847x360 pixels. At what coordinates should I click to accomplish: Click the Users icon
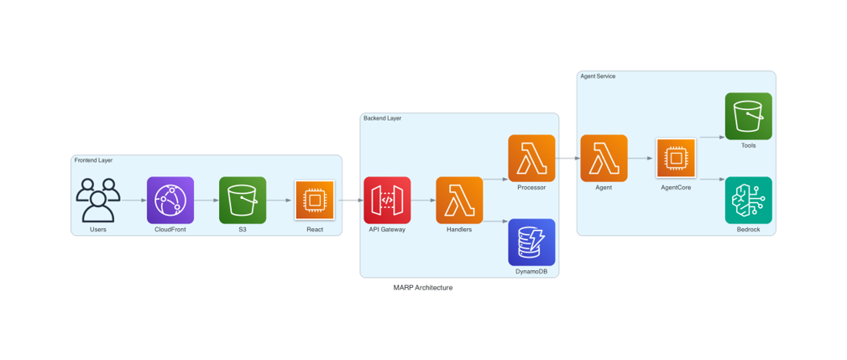click(x=98, y=200)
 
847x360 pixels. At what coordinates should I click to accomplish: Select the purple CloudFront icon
click(x=170, y=200)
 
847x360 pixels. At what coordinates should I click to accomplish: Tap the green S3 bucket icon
click(x=243, y=200)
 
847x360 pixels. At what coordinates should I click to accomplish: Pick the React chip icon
click(x=315, y=200)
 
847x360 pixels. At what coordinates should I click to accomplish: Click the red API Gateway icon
click(x=387, y=200)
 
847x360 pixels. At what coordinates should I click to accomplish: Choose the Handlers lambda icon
click(x=460, y=200)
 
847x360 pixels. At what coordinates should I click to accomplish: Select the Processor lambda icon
click(x=531, y=158)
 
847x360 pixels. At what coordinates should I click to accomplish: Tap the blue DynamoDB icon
click(x=531, y=243)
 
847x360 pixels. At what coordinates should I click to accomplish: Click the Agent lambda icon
click(x=604, y=158)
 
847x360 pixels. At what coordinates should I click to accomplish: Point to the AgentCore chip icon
click(x=677, y=158)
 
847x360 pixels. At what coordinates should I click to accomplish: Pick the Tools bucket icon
click(x=749, y=116)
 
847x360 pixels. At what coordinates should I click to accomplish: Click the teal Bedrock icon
click(x=749, y=200)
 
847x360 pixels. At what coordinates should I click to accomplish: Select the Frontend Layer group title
click(x=93, y=160)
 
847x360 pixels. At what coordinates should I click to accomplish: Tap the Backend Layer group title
click(x=383, y=118)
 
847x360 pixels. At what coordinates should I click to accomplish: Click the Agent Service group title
click(x=598, y=76)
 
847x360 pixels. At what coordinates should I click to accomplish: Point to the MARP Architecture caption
click(x=423, y=288)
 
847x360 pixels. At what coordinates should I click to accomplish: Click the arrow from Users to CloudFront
click(x=134, y=201)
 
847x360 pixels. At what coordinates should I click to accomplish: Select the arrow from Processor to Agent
click(x=567, y=158)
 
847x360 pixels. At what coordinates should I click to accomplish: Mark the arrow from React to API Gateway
click(x=350, y=201)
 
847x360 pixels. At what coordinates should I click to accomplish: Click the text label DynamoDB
click(x=531, y=272)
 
